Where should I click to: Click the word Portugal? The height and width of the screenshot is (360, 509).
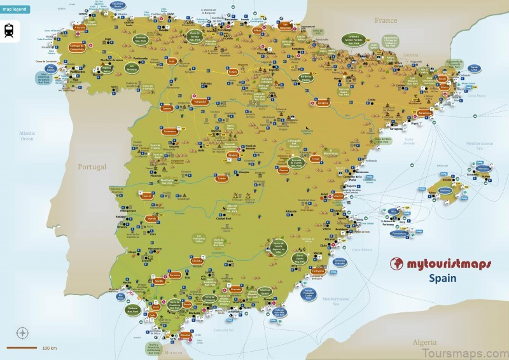pyautogui.click(x=92, y=167)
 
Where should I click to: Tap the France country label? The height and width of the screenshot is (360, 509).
pyautogui.click(x=386, y=20)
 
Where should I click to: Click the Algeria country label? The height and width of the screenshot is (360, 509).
pyautogui.click(x=424, y=342)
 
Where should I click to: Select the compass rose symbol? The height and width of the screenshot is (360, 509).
pyautogui.click(x=22, y=333)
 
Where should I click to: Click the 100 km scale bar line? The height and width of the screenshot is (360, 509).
pyautogui.click(x=22, y=348)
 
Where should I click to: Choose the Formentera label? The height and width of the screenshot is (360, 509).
pyautogui.click(x=400, y=233)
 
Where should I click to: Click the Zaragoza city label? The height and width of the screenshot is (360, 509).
pyautogui.click(x=323, y=102)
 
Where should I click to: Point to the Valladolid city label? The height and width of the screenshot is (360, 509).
pyautogui.click(x=200, y=101)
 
